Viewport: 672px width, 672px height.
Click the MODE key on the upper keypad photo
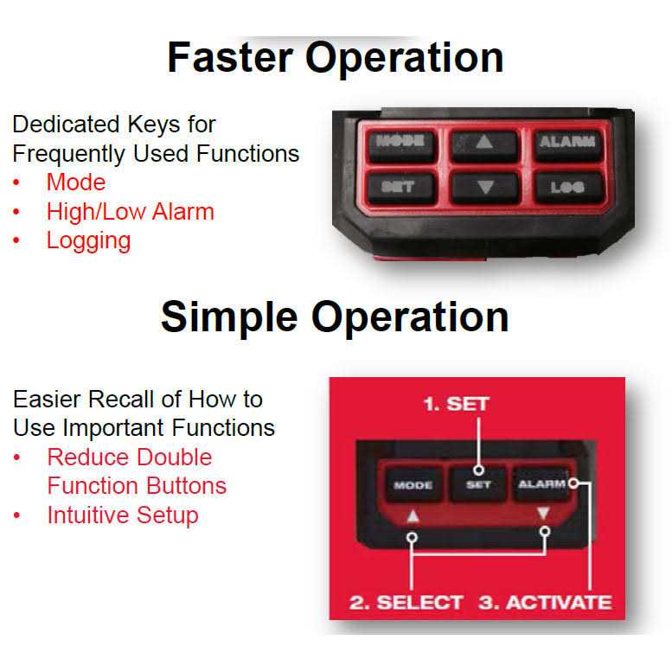(x=399, y=143)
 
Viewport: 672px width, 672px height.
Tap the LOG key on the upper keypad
(x=566, y=186)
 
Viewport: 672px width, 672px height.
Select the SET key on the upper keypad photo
(x=399, y=186)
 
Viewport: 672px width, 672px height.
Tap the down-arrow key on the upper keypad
(x=484, y=187)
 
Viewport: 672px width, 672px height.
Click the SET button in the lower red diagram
(x=478, y=484)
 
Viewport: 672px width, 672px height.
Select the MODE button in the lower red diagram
(x=413, y=484)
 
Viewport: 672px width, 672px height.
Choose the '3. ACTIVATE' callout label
(x=545, y=602)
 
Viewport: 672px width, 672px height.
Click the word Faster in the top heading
(x=226, y=58)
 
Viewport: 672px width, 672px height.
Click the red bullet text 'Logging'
(x=88, y=240)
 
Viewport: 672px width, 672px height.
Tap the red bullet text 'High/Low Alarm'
(x=130, y=211)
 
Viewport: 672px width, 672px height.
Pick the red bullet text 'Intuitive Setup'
(x=123, y=515)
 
